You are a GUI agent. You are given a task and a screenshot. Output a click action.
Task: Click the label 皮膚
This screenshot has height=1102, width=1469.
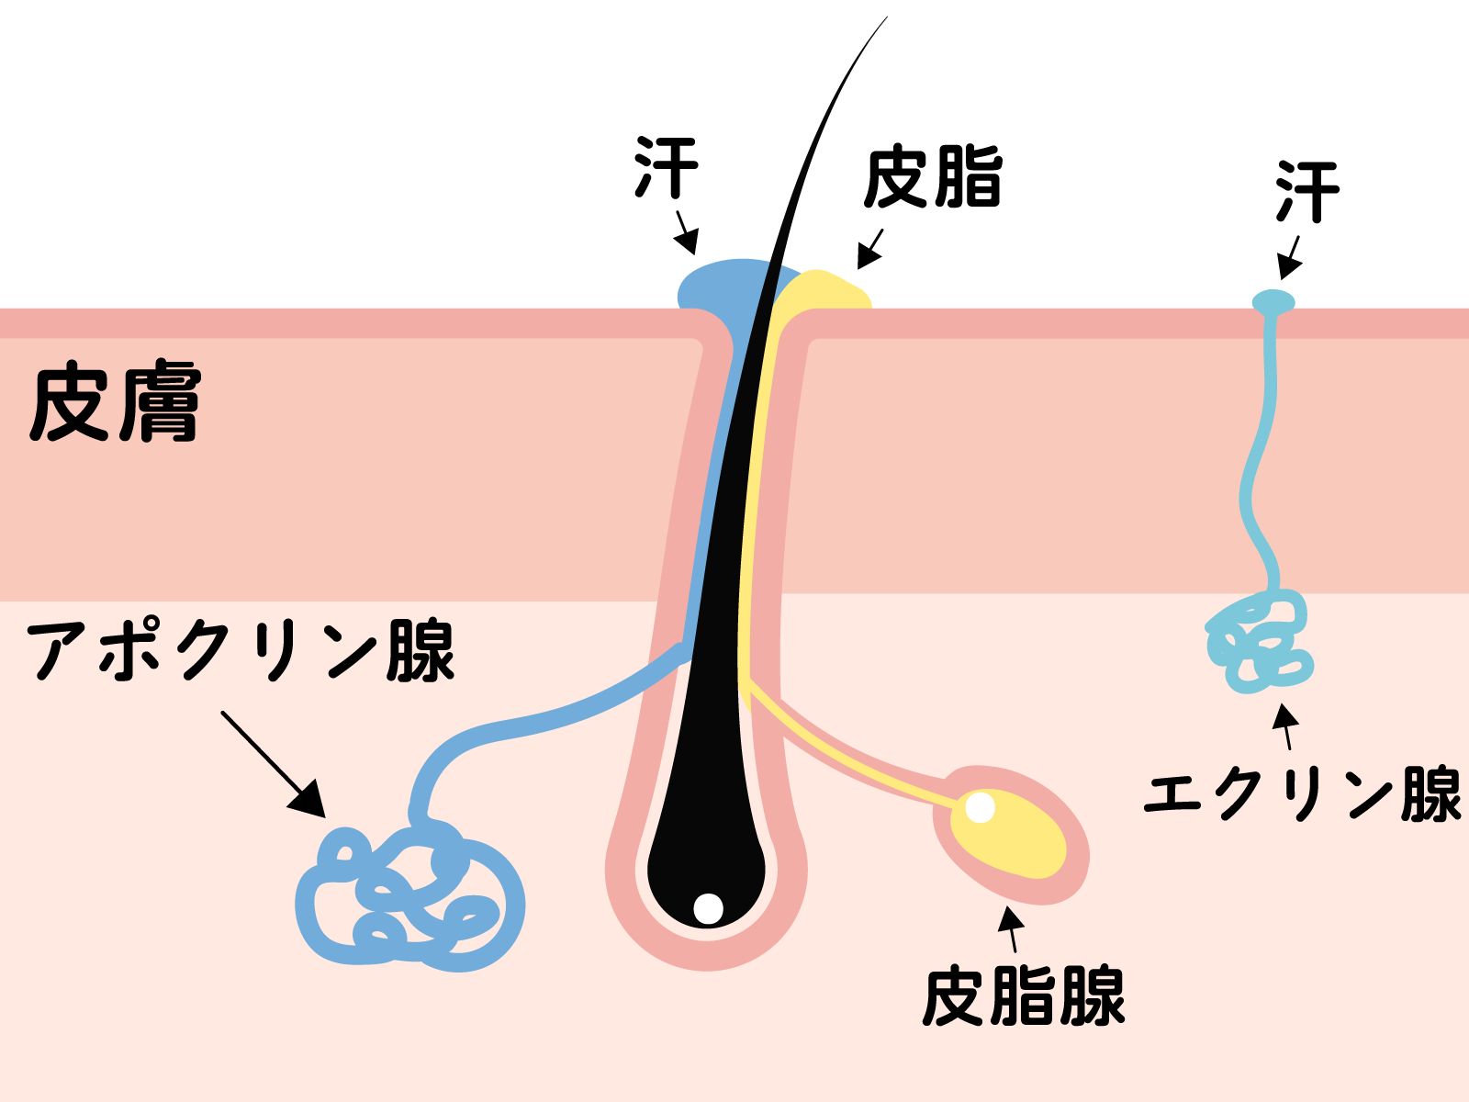coord(115,400)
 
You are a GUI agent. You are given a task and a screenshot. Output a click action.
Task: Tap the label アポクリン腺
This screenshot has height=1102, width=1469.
coord(241,650)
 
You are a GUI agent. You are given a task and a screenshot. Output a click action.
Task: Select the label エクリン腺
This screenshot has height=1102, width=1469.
coord(1302,793)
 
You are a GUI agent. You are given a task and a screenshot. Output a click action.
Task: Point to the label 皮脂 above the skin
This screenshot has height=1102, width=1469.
coord(933,176)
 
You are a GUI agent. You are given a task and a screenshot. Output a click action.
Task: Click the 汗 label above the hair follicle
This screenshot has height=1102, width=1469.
coord(667,167)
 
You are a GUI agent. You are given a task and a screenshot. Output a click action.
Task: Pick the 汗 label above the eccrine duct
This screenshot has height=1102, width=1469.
coord(1307,191)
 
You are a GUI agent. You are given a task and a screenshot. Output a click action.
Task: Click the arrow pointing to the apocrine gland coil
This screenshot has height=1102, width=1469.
coord(273,764)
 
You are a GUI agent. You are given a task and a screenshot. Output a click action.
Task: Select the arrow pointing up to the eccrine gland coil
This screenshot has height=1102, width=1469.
coord(1285,726)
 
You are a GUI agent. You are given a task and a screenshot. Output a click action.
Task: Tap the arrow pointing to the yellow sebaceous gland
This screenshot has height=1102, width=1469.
coord(1011,929)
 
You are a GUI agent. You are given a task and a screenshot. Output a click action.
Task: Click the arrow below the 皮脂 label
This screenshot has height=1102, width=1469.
coord(870,249)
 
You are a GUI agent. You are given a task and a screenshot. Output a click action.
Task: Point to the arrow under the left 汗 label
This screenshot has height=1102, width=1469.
coord(688,233)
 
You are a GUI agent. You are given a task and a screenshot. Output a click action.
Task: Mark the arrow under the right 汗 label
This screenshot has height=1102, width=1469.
coord(1290,258)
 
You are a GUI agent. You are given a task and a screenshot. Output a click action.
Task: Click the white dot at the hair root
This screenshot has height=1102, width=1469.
coord(708,908)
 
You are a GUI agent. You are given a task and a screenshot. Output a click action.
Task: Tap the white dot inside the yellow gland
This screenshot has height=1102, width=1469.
coord(981,807)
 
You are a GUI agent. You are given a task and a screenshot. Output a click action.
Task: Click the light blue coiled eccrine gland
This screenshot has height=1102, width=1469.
coord(1258,641)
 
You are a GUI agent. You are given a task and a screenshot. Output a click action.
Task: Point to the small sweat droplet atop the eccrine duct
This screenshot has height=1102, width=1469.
coord(1273,302)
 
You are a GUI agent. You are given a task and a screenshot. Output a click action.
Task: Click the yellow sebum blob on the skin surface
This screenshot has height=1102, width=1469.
coord(826,290)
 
